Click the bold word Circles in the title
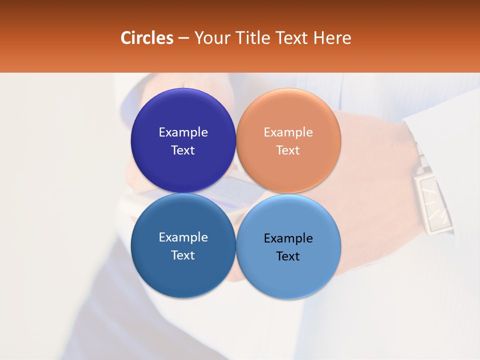pyautogui.click(x=147, y=38)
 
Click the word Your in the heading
pyautogui.click(x=211, y=38)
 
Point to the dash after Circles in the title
pyautogui.click(x=183, y=38)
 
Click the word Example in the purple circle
pyautogui.click(x=183, y=132)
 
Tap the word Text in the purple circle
pyautogui.click(x=183, y=150)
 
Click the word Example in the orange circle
pyautogui.click(x=288, y=132)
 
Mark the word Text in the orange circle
pyautogui.click(x=288, y=150)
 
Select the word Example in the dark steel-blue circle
pyautogui.click(x=183, y=237)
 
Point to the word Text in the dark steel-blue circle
pyautogui.click(x=183, y=255)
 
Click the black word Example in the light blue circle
pyautogui.click(x=288, y=238)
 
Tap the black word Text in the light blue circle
pyautogui.click(x=288, y=256)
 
